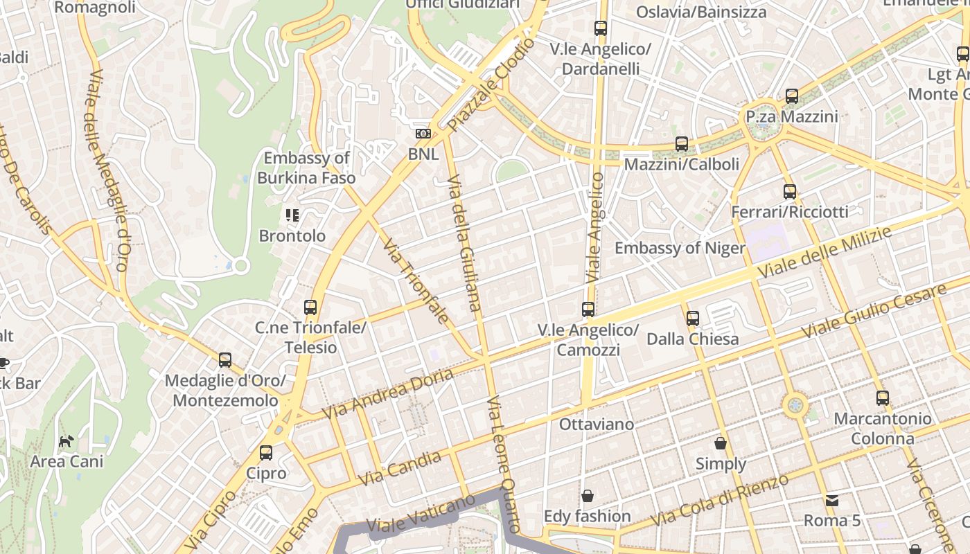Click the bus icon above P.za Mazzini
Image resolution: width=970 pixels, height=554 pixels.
pos(792,96)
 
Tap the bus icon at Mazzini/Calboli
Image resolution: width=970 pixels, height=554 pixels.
pos(682,144)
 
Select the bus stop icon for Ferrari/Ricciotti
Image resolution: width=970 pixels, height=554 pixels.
pos(789,192)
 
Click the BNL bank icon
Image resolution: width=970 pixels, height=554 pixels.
pos(423,134)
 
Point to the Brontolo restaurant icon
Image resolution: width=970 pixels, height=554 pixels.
pos(292,215)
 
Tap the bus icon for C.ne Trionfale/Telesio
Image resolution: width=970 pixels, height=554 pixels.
pos(310,307)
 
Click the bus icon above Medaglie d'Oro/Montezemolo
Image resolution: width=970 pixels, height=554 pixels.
pos(225,360)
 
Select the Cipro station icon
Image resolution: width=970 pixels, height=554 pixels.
pos(266,453)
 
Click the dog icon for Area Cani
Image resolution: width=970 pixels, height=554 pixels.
pos(66,441)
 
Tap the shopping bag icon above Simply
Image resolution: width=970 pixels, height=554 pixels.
pos(721,443)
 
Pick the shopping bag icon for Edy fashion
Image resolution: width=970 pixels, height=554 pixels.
pos(587,496)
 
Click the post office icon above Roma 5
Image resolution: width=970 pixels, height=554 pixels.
pos(831,500)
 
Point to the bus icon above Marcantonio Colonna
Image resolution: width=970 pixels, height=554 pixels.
pos(882,398)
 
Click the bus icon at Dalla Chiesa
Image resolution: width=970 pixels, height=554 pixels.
pos(692,319)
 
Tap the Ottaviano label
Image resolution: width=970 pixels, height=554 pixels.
pos(587,425)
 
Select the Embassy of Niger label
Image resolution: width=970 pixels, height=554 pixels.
pos(680,248)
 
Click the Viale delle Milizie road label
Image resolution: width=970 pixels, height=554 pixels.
pos(824,253)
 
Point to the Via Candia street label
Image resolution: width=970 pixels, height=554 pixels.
pos(400,469)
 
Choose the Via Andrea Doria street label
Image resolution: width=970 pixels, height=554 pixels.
pos(388,393)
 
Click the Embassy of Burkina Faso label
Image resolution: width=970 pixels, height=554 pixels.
pos(306,168)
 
